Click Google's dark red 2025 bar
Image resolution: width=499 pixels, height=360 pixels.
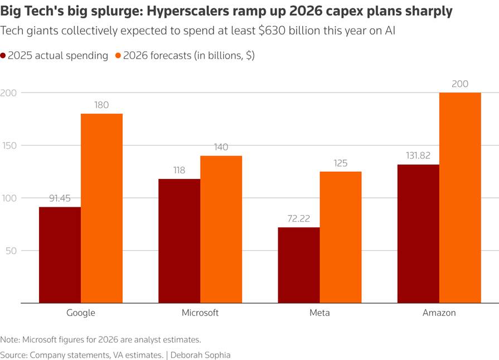click(60, 255)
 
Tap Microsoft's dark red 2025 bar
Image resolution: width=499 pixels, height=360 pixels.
click(180, 241)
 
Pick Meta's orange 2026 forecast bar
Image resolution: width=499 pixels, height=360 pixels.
click(341, 237)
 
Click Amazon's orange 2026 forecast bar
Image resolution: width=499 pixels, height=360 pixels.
click(460, 198)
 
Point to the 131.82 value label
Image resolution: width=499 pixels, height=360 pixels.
click(418, 155)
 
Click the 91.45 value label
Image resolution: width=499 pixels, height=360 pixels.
click(60, 198)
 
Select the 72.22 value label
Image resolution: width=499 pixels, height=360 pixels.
click(298, 218)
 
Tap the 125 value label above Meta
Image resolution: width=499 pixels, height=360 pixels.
click(341, 163)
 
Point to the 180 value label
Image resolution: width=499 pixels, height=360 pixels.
click(101, 105)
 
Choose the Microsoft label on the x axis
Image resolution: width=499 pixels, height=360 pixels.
click(200, 313)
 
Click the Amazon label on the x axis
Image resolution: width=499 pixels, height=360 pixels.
click(439, 313)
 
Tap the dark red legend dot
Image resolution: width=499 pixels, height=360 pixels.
click(3, 56)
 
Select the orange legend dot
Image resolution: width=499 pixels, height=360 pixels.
click(118, 56)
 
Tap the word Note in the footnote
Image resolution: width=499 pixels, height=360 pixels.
click(9, 339)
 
